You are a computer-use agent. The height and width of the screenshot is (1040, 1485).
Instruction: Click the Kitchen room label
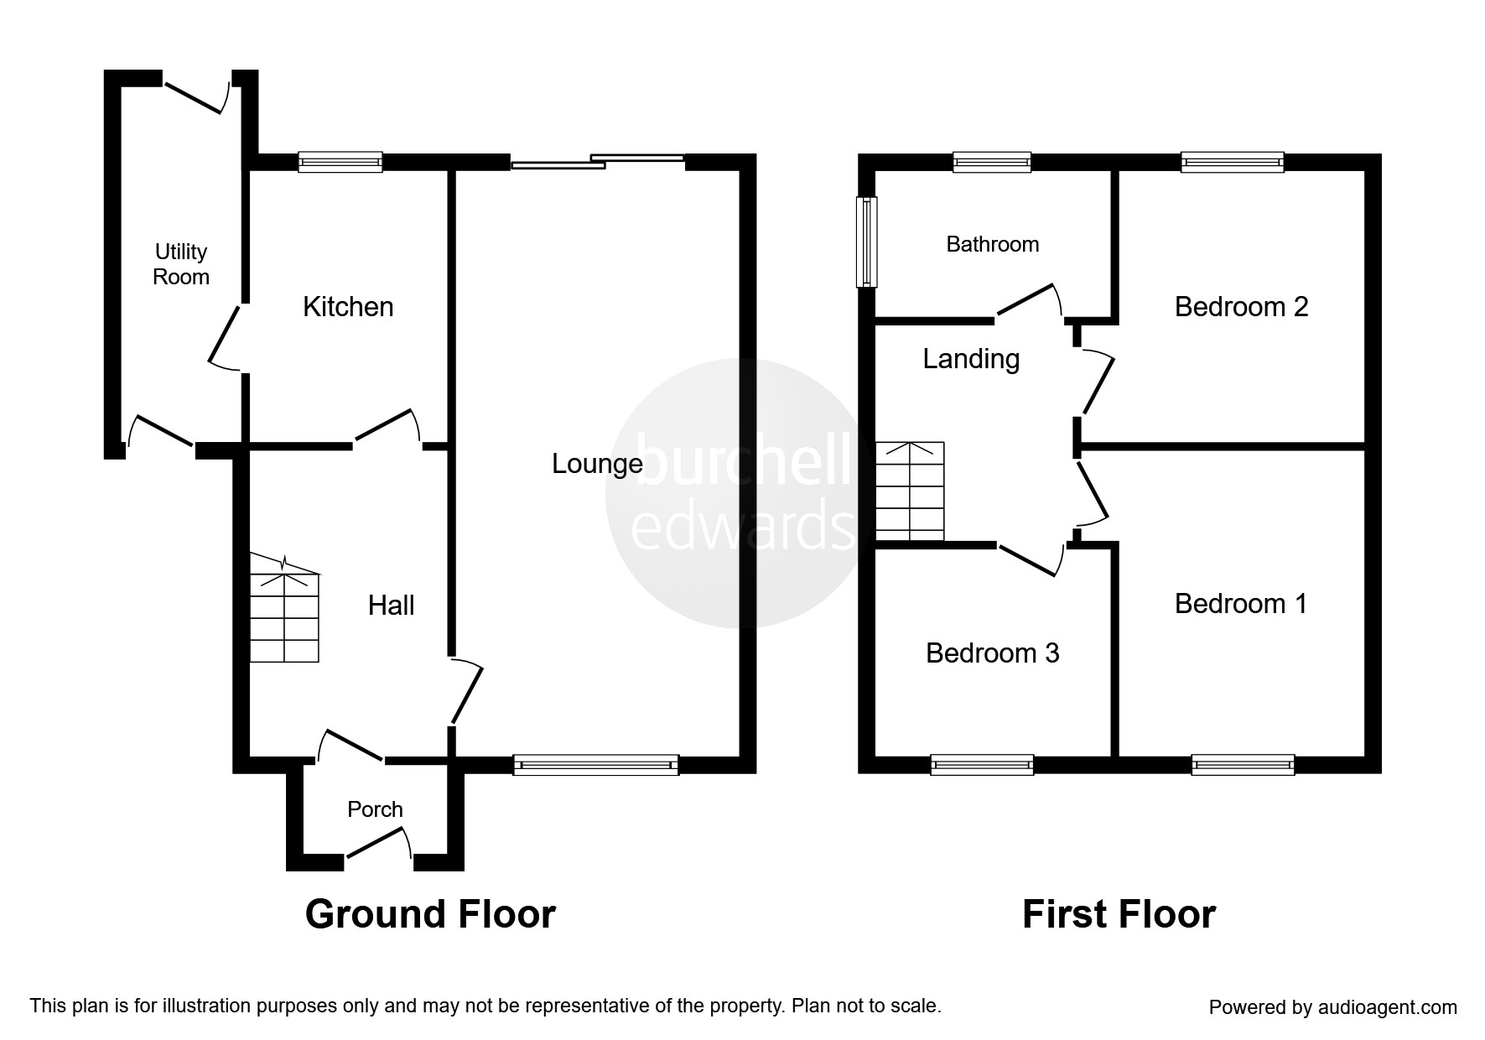(348, 307)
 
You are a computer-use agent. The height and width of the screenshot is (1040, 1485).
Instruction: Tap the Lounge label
(597, 464)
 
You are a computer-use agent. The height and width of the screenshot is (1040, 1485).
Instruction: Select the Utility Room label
(181, 264)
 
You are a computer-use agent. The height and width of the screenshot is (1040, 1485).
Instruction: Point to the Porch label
(375, 809)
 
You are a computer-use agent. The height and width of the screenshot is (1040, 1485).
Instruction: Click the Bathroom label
(993, 244)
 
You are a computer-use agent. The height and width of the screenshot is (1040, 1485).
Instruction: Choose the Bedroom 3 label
(993, 653)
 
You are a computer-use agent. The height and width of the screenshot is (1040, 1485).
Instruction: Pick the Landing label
(971, 359)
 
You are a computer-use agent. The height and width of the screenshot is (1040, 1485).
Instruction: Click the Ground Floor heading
(430, 914)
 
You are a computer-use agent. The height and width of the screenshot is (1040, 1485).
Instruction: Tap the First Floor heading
(1119, 914)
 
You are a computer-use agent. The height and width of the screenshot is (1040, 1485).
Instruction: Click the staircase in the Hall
(285, 607)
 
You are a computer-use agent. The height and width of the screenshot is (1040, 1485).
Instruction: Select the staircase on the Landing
(910, 491)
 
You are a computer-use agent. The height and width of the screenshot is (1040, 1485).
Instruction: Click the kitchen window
(340, 162)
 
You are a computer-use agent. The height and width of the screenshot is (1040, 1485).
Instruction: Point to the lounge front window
(595, 764)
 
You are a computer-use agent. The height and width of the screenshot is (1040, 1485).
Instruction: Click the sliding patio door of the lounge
(598, 162)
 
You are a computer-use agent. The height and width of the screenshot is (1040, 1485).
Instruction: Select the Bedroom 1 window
(1243, 764)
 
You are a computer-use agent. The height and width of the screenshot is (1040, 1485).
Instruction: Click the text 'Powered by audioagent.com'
(1333, 1007)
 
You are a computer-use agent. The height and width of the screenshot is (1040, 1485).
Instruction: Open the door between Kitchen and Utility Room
(225, 337)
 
